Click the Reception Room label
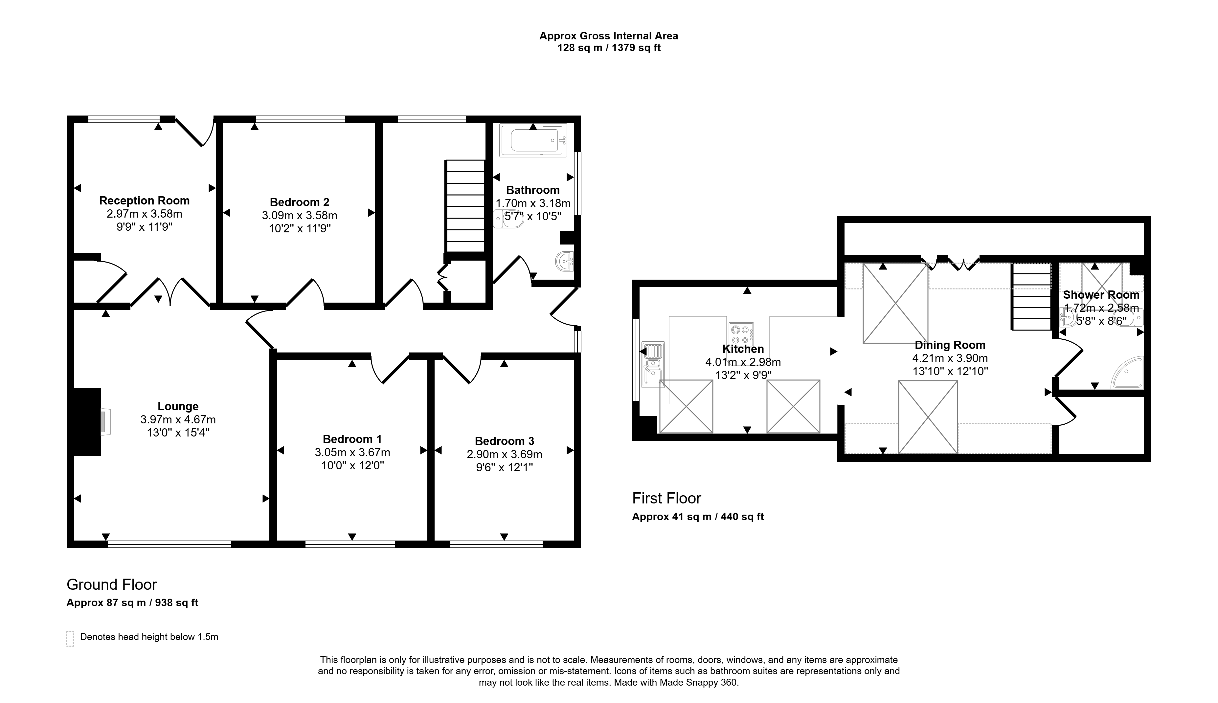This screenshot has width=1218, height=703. [145, 201]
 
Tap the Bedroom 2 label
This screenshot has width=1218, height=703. [300, 202]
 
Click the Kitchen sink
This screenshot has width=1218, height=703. [653, 365]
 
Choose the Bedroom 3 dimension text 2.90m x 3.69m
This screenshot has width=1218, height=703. [505, 454]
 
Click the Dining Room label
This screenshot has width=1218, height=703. [950, 345]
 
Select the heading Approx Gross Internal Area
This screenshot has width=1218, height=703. [609, 36]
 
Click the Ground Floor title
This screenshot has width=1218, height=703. [112, 585]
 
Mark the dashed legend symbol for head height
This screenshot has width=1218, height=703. [70, 638]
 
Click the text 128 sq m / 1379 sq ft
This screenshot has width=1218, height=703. [609, 48]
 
